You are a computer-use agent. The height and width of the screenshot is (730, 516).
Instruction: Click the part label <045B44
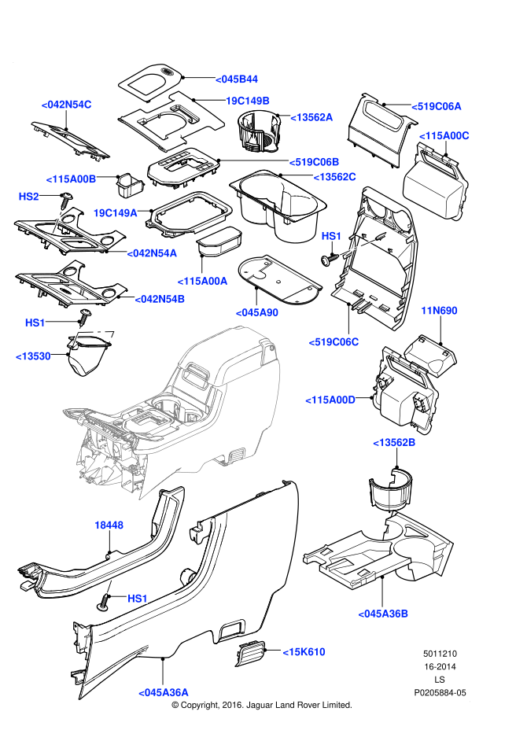(x=237, y=79)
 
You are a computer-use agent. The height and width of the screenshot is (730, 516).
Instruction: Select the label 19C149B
(x=248, y=101)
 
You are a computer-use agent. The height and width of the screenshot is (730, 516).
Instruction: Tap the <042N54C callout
(x=67, y=105)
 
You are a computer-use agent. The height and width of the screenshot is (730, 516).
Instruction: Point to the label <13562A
(x=311, y=117)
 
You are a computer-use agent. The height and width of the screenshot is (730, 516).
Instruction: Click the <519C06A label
(x=437, y=106)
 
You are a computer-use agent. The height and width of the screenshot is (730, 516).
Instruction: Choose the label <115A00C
(x=444, y=136)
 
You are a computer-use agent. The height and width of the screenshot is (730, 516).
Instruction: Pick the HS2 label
(x=29, y=197)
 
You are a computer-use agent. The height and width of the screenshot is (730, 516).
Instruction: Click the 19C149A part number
(x=116, y=213)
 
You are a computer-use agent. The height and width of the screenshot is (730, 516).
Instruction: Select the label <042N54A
(x=153, y=253)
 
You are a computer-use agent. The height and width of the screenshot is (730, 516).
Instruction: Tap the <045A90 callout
(x=257, y=312)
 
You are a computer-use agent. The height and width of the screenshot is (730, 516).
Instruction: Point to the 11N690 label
(x=439, y=311)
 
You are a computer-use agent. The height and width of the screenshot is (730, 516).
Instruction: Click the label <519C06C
(x=334, y=342)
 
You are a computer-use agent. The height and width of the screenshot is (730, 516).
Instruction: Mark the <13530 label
(x=33, y=356)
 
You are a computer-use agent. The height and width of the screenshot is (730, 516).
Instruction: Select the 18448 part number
(x=109, y=525)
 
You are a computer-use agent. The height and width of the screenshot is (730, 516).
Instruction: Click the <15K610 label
(x=304, y=652)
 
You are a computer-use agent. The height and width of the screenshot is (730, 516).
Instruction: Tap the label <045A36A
(x=164, y=693)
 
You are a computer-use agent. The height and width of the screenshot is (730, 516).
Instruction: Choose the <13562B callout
(x=394, y=443)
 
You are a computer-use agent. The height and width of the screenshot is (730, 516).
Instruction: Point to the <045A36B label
(x=383, y=614)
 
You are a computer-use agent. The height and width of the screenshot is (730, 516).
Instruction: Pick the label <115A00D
(x=330, y=400)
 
